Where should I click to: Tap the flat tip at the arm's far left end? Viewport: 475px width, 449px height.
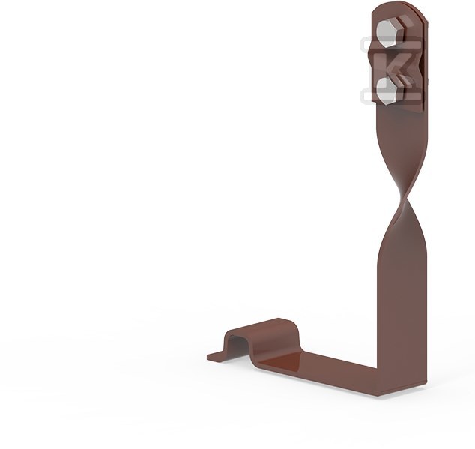click(x=217, y=357)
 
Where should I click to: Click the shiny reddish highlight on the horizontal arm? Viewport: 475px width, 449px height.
click(x=281, y=363)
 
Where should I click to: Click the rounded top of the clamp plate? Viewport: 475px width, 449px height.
click(x=397, y=10)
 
